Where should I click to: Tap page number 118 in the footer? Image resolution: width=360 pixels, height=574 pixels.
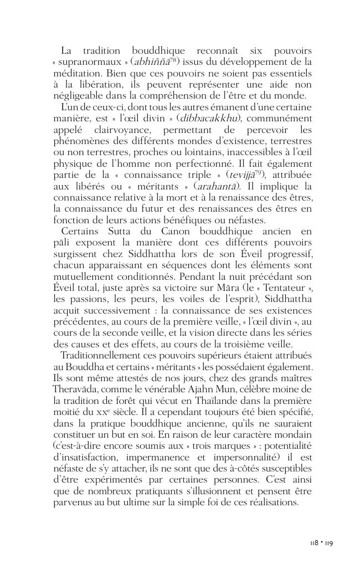tap(313, 544)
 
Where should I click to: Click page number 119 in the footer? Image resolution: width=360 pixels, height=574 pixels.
tap(328, 544)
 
